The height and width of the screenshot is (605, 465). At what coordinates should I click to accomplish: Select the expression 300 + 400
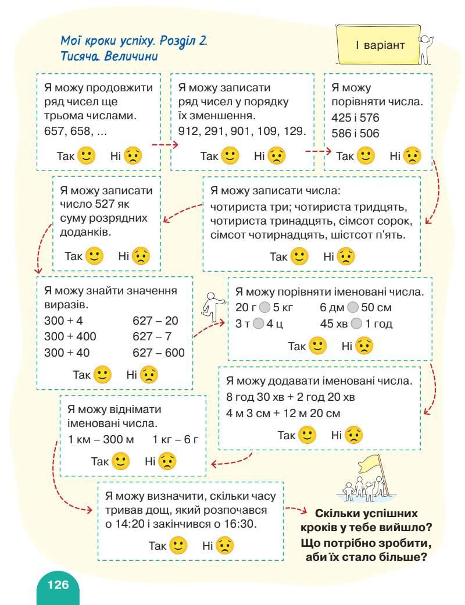[70, 336]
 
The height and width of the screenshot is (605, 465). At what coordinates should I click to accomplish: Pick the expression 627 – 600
[159, 353]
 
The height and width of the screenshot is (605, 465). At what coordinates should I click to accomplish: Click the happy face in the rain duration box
[178, 546]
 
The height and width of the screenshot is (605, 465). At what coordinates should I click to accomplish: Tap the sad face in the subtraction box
[168, 461]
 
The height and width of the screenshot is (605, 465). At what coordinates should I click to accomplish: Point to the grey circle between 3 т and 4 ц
[259, 324]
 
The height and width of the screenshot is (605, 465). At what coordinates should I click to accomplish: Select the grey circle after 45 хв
[357, 324]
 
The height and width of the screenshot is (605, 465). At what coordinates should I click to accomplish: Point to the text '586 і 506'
[355, 133]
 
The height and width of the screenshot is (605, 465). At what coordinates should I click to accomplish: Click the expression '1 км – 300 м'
[101, 440]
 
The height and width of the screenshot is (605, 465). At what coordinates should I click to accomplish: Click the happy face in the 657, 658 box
[87, 156]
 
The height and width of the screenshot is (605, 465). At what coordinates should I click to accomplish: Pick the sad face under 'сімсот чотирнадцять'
[346, 257]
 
